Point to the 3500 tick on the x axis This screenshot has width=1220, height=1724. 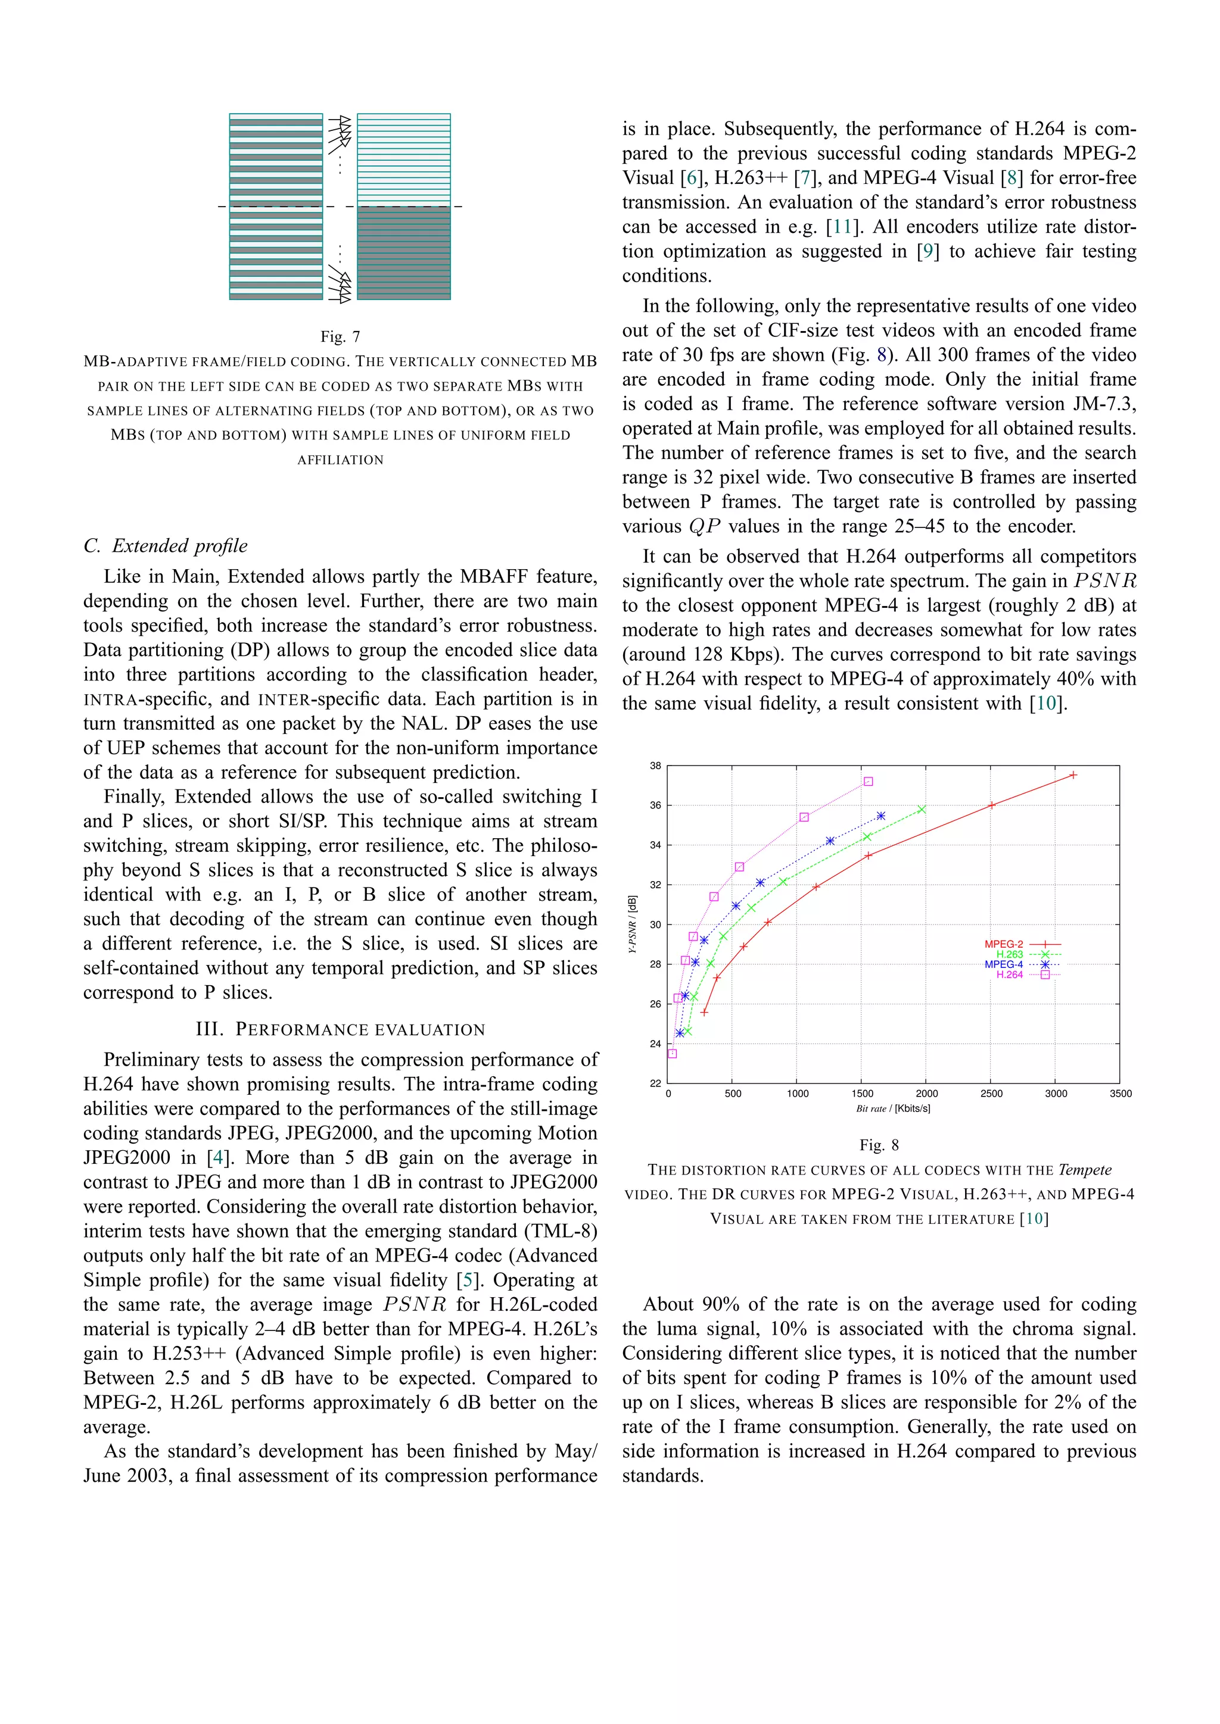pos(1120,1093)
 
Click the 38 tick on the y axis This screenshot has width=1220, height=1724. pos(655,766)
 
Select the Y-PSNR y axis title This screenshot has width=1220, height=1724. pos(633,925)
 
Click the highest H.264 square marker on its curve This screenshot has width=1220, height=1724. pos(868,782)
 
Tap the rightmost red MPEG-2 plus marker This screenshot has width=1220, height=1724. pos(1073,775)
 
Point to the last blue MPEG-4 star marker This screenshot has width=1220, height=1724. pos(880,816)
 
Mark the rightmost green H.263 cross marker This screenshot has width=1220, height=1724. pos(921,810)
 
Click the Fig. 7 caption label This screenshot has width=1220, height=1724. pos(340,336)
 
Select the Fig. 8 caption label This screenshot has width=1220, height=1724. pos(878,1145)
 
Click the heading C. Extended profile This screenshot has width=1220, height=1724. pos(165,546)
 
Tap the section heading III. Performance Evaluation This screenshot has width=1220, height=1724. pos(340,1029)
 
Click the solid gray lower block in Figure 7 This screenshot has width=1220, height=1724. pos(403,253)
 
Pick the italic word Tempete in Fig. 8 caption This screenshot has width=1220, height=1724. pos(1084,1170)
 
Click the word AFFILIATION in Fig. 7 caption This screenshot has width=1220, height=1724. pos(340,460)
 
